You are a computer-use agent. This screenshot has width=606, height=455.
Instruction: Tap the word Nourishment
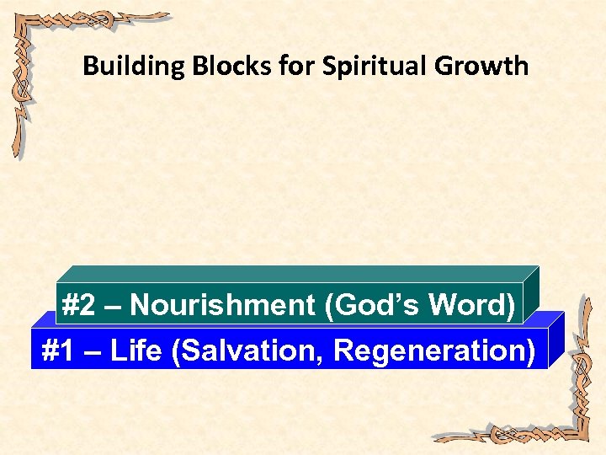(x=222, y=304)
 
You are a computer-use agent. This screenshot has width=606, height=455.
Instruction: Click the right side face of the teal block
(x=530, y=294)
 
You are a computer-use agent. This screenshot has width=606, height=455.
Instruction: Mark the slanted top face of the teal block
(x=295, y=273)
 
